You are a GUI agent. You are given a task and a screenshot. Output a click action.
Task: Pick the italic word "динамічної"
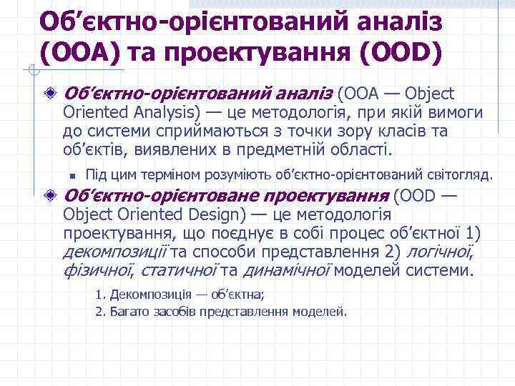pyautogui.click(x=287, y=271)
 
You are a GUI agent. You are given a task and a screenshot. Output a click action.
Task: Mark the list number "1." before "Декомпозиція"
pyautogui.click(x=100, y=295)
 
